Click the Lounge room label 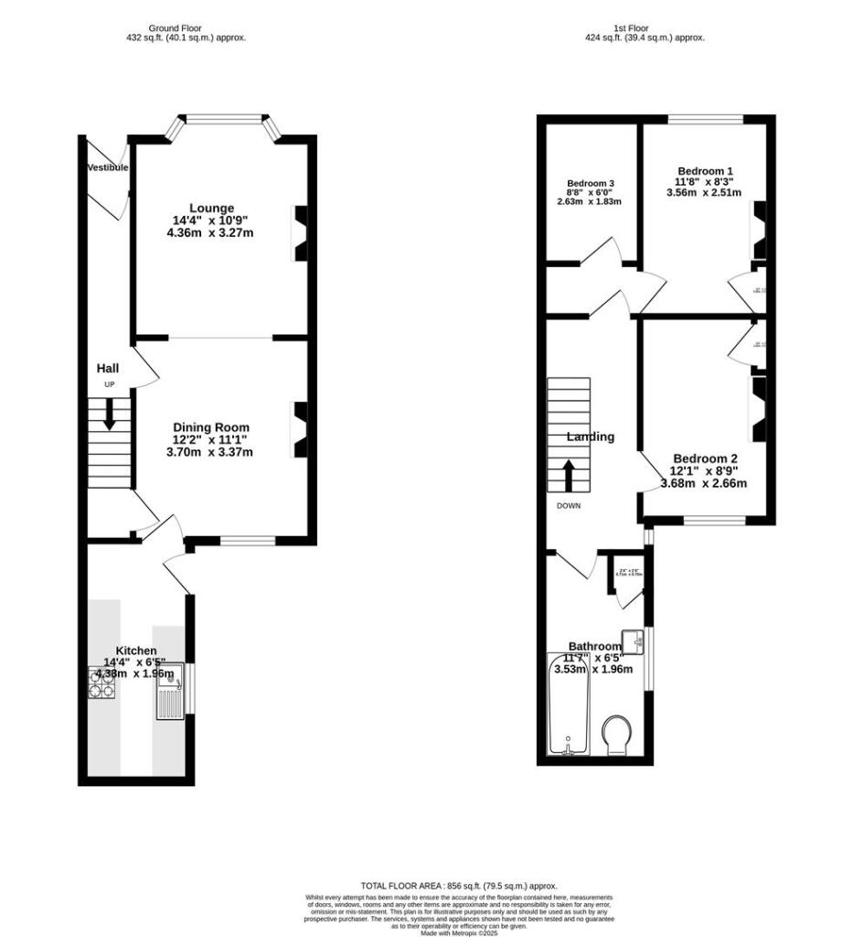pyautogui.click(x=211, y=208)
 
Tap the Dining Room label pyautogui.click(x=211, y=427)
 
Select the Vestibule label pyautogui.click(x=108, y=167)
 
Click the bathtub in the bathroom pyautogui.click(x=568, y=705)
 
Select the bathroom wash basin pyautogui.click(x=632, y=641)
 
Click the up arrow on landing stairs pyautogui.click(x=568, y=475)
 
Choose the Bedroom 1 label pyautogui.click(x=705, y=171)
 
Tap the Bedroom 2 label pyautogui.click(x=705, y=458)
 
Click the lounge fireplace pyautogui.click(x=299, y=233)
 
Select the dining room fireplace pyautogui.click(x=299, y=429)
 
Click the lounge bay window pyautogui.click(x=225, y=118)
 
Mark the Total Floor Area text pyautogui.click(x=459, y=886)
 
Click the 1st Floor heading pyautogui.click(x=645, y=27)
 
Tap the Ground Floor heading pyautogui.click(x=187, y=27)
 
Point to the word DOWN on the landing pyautogui.click(x=569, y=505)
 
